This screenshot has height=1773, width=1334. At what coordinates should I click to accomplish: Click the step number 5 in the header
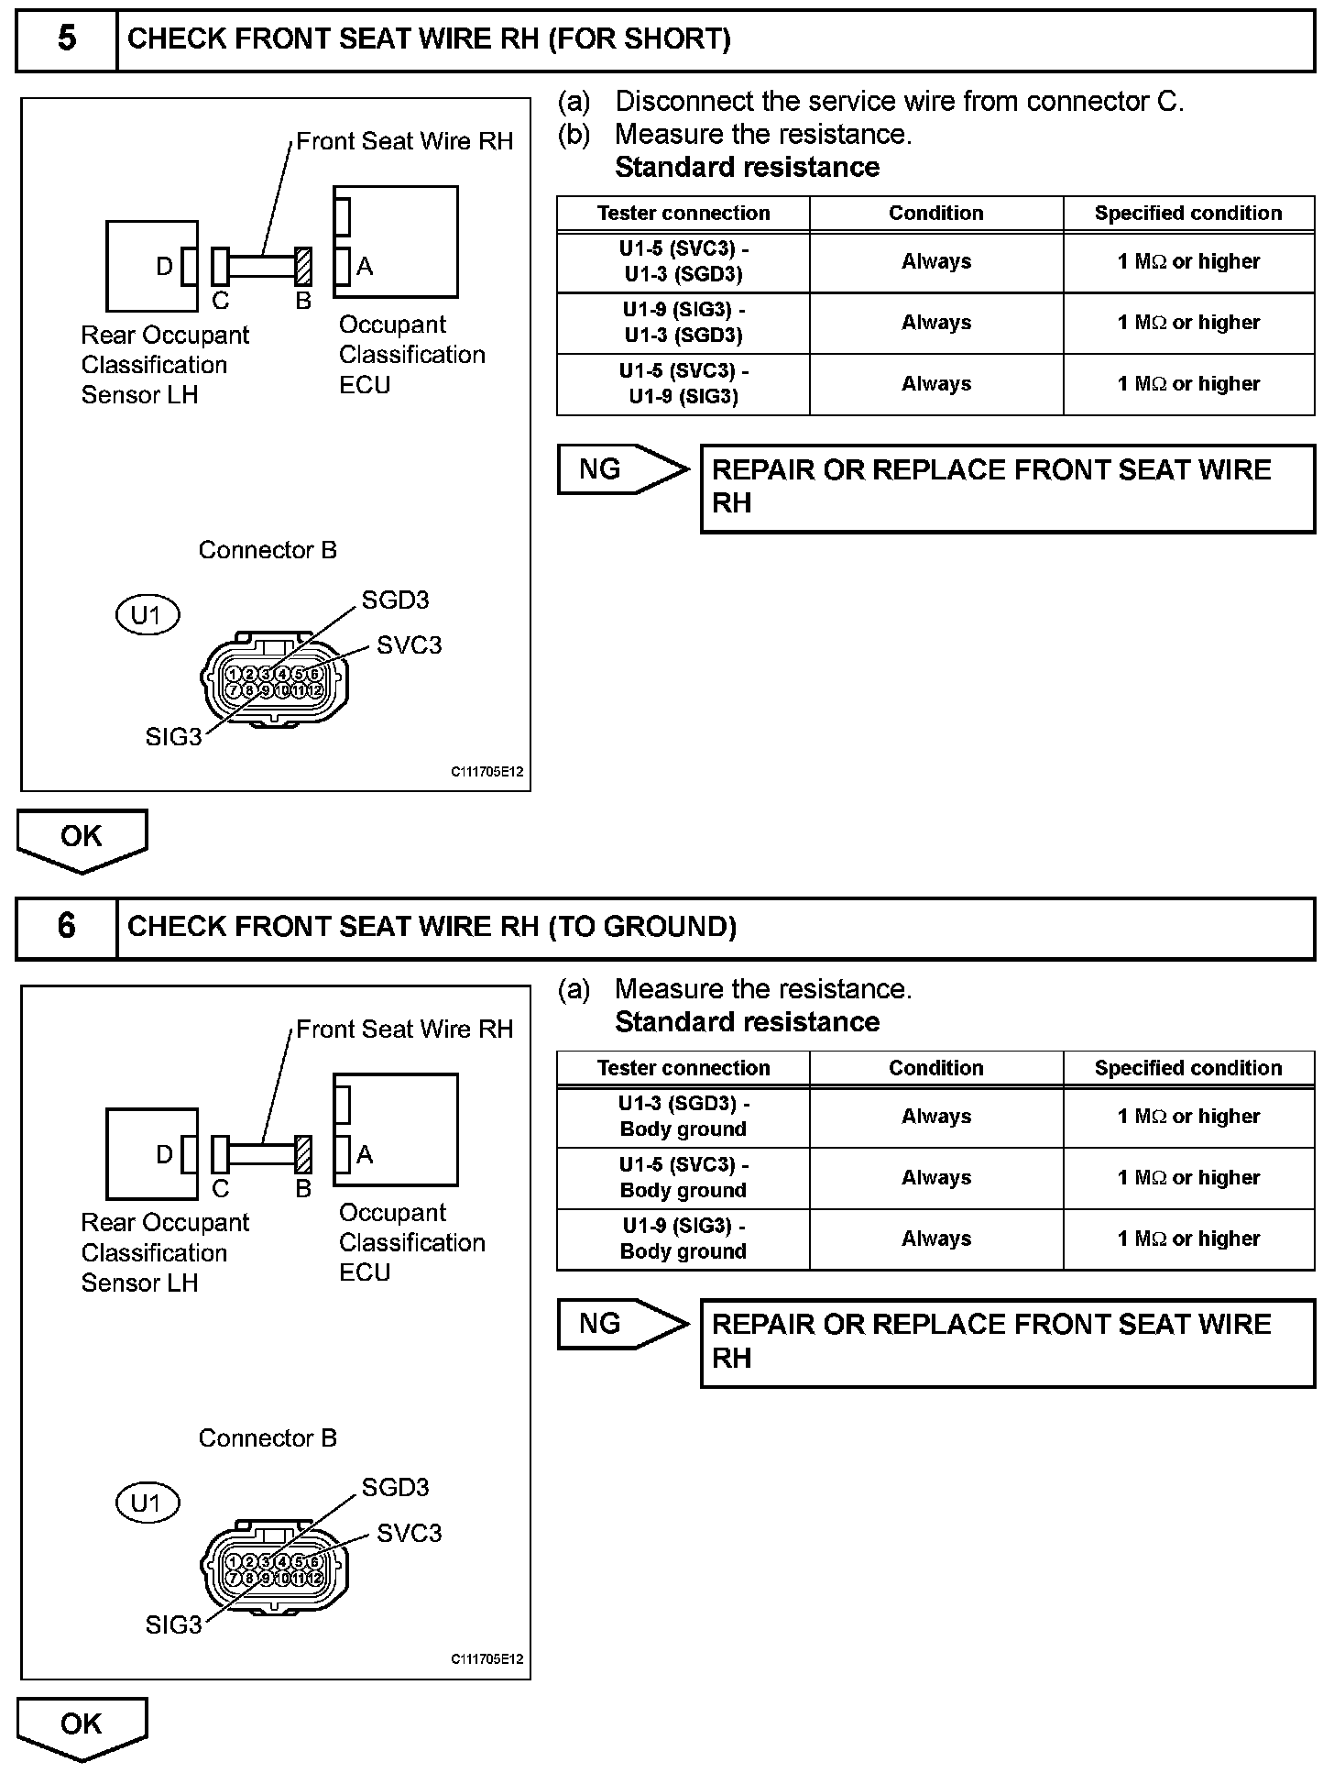(67, 39)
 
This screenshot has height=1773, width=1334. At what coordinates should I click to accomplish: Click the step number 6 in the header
(67, 927)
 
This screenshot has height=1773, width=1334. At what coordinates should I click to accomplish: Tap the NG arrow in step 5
(622, 469)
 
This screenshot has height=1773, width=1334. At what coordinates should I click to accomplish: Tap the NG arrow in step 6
(622, 1324)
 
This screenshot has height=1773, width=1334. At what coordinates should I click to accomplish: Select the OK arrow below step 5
(82, 838)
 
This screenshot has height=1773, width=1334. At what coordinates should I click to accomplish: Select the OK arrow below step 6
(82, 1725)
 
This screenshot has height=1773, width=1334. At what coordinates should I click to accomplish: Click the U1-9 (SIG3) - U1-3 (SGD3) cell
(683, 323)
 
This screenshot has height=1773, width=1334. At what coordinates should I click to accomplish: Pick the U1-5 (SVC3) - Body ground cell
(683, 1178)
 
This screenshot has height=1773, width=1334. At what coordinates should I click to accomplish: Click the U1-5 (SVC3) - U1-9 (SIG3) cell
(683, 384)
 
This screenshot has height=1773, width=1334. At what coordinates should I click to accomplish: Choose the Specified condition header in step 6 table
(1188, 1068)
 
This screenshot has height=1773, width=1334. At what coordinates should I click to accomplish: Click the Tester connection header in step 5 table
(683, 214)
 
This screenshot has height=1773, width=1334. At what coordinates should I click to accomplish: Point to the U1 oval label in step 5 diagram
(147, 615)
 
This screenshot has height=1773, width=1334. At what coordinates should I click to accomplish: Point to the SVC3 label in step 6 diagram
(409, 1533)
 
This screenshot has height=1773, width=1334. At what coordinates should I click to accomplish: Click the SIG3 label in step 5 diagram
(173, 737)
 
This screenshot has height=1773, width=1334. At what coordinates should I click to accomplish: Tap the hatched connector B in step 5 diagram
(303, 266)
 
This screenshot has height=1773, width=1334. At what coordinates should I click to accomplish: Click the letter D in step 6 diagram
(164, 1154)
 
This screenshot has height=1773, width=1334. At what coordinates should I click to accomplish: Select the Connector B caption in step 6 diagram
(268, 1437)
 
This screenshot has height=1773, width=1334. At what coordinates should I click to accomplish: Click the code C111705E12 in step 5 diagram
(487, 772)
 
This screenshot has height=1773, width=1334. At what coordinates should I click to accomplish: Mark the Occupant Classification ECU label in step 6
(411, 1242)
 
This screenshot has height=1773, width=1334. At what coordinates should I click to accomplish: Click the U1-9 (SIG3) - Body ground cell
(683, 1239)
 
